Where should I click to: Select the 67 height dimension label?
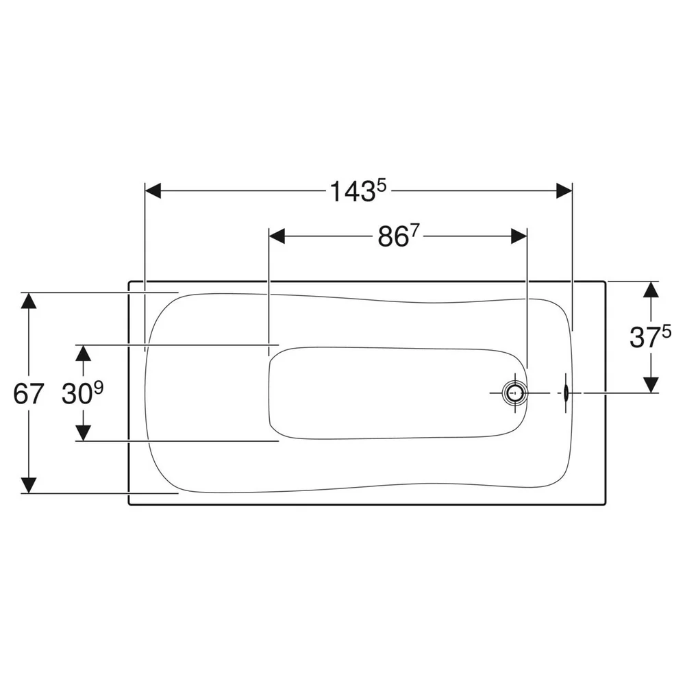28,393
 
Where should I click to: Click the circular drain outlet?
516,393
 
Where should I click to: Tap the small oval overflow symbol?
566,393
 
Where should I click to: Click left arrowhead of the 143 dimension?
153,191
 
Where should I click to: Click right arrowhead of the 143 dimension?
564,191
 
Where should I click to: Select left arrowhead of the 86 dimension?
277,236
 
